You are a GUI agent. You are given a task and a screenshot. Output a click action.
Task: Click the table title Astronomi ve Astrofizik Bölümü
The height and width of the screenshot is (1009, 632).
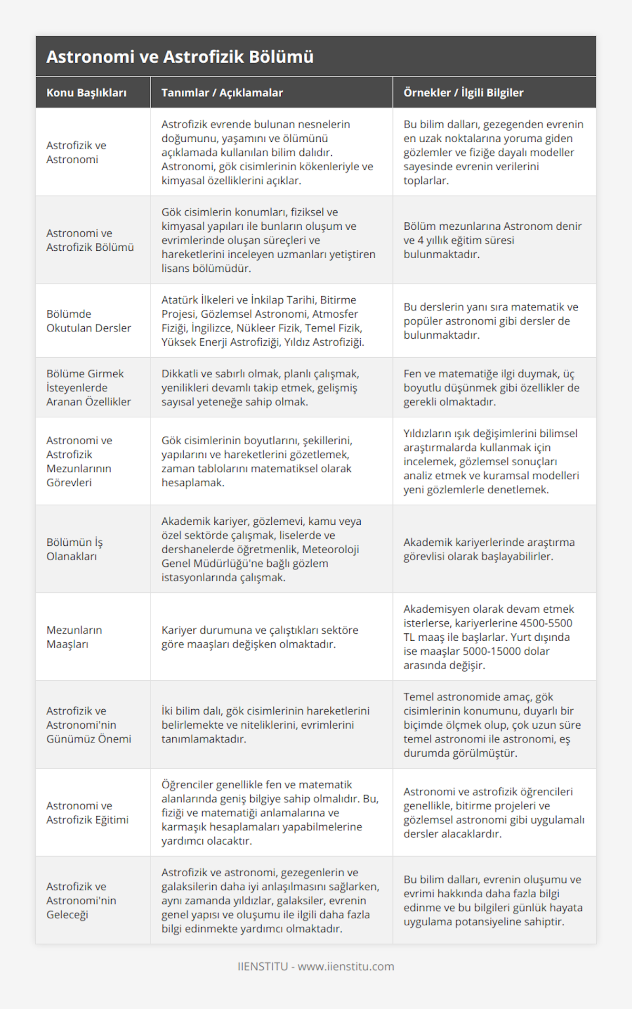180,57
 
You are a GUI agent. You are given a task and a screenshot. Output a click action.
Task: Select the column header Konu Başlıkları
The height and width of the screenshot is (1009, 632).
86,93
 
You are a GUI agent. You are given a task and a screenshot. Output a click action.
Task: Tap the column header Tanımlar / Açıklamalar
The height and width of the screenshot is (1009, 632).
222,93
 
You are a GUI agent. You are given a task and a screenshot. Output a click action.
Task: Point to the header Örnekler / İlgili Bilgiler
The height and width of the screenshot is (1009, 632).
463,93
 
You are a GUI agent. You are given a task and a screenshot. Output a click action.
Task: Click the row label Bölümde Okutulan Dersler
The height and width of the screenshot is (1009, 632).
88,321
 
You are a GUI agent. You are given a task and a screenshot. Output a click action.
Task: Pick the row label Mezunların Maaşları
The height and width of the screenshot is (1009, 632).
74,637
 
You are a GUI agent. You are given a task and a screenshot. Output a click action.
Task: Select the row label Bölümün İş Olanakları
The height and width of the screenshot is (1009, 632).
74,549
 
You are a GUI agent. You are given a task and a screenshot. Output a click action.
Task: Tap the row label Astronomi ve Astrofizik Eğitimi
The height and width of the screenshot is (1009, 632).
87,812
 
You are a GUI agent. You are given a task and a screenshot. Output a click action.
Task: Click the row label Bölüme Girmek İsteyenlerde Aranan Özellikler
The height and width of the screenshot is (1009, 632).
88,387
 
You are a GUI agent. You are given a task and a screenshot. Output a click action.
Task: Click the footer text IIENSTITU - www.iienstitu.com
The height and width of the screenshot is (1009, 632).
315,966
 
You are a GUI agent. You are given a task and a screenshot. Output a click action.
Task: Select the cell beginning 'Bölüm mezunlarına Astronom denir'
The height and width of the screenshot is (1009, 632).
492,240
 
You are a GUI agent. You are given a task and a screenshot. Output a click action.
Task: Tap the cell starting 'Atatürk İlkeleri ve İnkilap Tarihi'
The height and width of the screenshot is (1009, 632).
262,321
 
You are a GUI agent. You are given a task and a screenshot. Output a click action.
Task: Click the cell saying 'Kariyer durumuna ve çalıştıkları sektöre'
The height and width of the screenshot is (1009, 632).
260,637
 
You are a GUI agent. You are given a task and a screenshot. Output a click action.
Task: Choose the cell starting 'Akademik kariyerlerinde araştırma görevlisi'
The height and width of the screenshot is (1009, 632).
489,549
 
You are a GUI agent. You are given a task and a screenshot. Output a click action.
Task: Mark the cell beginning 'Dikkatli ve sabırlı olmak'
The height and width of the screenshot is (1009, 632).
260,387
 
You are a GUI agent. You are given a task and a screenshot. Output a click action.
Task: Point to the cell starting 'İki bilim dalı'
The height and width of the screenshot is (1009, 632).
265,724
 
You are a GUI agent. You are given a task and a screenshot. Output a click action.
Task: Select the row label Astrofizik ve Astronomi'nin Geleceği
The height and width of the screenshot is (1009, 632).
81,900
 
